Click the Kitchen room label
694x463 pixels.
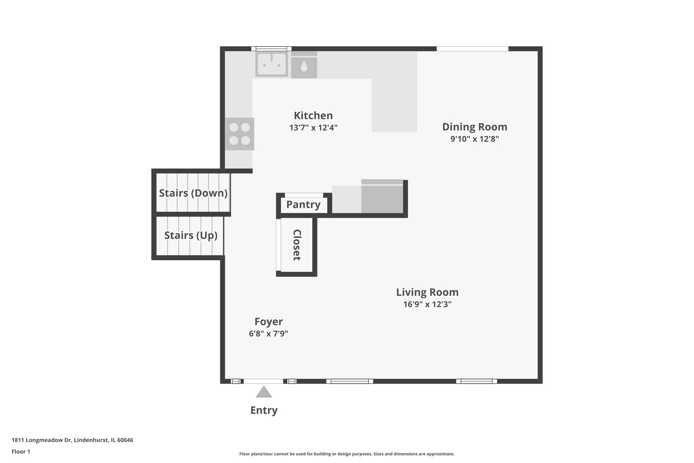(313, 116)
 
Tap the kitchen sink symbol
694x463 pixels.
(272, 64)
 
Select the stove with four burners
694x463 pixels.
(239, 134)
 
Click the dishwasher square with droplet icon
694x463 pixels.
(304, 66)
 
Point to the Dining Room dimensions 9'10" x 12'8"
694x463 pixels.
(475, 139)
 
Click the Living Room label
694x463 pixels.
(427, 292)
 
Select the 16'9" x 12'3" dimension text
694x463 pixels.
(427, 304)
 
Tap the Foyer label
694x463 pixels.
(269, 322)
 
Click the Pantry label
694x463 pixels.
(303, 204)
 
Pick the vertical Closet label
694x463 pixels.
(297, 245)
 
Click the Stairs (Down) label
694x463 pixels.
(193, 193)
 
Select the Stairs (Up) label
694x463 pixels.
(191, 235)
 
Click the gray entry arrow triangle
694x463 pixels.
(264, 393)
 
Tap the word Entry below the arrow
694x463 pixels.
(264, 410)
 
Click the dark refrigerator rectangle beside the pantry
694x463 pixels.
(382, 196)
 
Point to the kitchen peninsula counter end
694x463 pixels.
(394, 120)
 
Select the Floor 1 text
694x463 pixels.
(21, 451)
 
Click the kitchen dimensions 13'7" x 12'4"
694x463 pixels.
(313, 128)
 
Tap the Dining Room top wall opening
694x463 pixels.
(472, 49)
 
